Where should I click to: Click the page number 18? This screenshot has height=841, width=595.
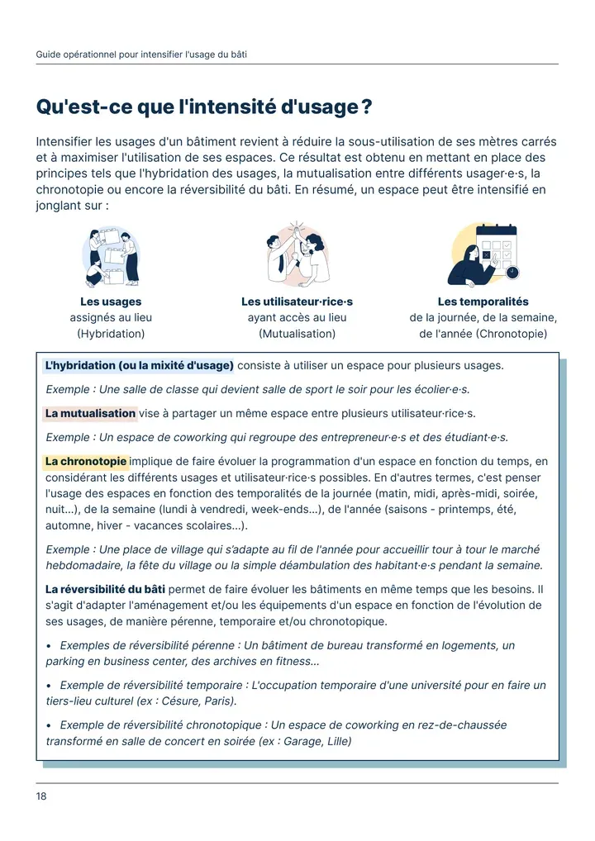[x=41, y=796]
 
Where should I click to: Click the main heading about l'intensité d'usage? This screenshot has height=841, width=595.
[x=204, y=107]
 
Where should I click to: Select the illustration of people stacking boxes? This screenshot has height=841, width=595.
[x=112, y=256]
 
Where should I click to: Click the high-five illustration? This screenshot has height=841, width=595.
[x=297, y=254]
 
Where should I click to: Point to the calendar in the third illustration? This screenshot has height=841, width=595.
[x=497, y=249]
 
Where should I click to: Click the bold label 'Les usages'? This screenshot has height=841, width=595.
[x=111, y=302]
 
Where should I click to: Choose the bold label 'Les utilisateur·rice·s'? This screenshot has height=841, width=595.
[x=297, y=302]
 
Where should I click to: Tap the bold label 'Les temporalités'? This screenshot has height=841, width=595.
[x=483, y=302]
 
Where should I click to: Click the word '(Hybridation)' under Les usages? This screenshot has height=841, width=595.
[x=111, y=334]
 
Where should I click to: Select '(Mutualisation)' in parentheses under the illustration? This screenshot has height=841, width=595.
[x=297, y=334]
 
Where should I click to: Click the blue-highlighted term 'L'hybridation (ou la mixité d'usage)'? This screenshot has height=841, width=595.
[x=140, y=366]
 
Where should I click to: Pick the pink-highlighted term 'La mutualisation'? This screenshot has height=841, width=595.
[x=90, y=414]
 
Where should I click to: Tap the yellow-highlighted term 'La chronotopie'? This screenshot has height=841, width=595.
[x=86, y=461]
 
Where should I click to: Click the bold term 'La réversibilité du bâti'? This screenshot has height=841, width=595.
[x=105, y=590]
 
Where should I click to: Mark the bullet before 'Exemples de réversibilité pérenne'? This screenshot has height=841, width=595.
[x=49, y=646]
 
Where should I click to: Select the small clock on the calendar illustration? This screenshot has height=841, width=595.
[x=512, y=272]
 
